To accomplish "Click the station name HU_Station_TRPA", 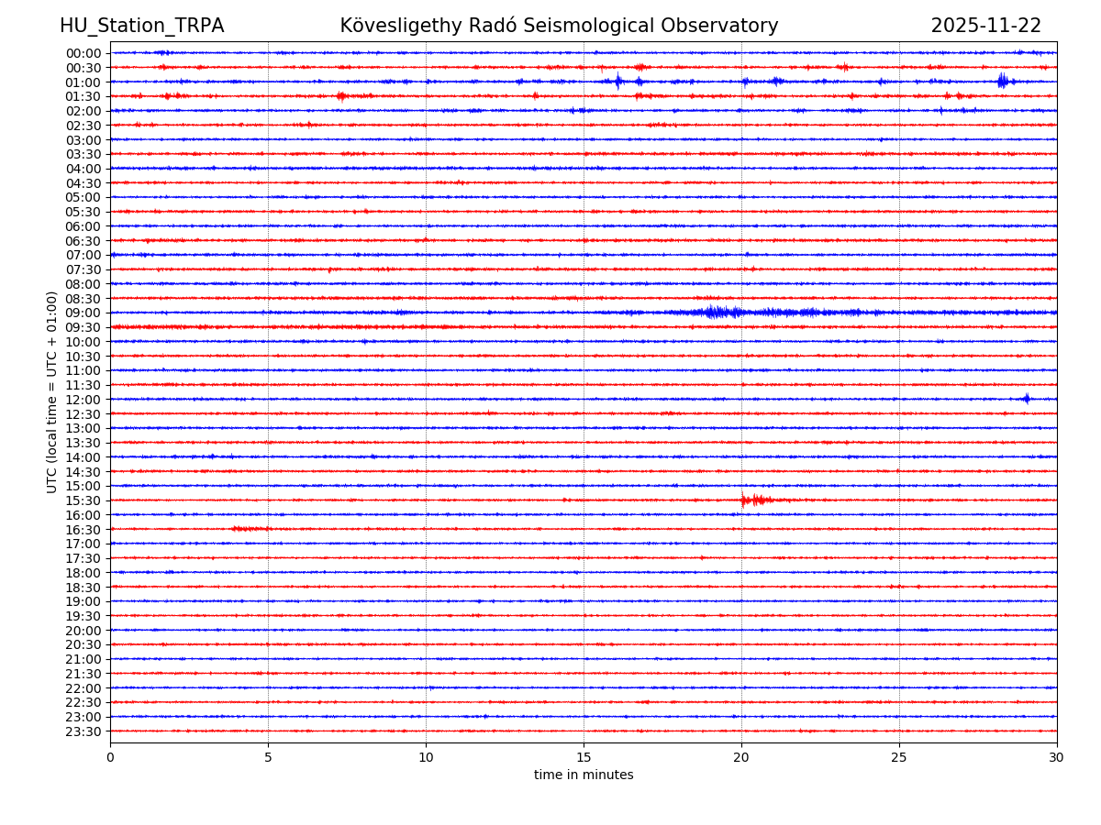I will pyautogui.click(x=141, y=27).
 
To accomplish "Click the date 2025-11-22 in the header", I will pyautogui.click(x=985, y=27).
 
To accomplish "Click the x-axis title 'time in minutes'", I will pyautogui.click(x=584, y=775).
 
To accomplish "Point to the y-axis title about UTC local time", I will pyautogui.click(x=52, y=391).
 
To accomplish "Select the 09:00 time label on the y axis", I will pyautogui.click(x=83, y=313).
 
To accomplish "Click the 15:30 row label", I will pyautogui.click(x=83, y=500).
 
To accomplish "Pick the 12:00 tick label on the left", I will pyautogui.click(x=83, y=400).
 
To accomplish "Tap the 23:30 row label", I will pyautogui.click(x=83, y=731).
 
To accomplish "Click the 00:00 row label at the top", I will pyautogui.click(x=83, y=53).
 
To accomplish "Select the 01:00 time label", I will pyautogui.click(x=83, y=82).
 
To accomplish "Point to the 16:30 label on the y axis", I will pyautogui.click(x=83, y=530).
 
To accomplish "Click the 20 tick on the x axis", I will pyautogui.click(x=741, y=758).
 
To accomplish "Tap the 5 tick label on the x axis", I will pyautogui.click(x=268, y=758).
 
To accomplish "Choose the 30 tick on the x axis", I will pyautogui.click(x=1057, y=758).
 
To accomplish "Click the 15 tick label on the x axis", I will pyautogui.click(x=584, y=758).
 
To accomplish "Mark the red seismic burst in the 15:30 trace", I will pyautogui.click(x=755, y=500).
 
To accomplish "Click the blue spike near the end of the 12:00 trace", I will pyautogui.click(x=1027, y=398).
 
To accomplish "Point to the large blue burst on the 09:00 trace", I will pyautogui.click(x=720, y=313).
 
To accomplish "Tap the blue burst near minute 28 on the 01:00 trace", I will pyautogui.click(x=1002, y=81).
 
